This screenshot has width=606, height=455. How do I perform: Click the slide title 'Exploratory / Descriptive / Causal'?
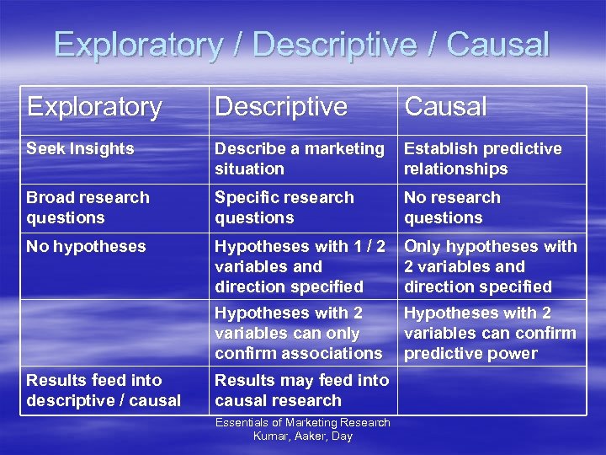[301, 44]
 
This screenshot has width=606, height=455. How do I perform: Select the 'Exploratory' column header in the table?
[93, 107]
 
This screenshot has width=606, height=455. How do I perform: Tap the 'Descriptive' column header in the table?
[280, 107]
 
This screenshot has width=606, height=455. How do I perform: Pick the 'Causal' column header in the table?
[445, 107]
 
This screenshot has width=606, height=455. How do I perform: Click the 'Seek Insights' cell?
[80, 148]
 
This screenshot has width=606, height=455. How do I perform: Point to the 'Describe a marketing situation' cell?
[299, 158]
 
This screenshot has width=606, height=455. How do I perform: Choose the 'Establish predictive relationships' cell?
[482, 158]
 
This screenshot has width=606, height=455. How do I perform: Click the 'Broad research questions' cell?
[88, 207]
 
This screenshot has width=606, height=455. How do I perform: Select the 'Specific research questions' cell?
[284, 207]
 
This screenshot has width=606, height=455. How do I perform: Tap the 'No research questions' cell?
[452, 207]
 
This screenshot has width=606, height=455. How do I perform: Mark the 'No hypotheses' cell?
[86, 247]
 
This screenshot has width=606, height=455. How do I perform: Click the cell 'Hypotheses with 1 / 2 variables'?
[300, 266]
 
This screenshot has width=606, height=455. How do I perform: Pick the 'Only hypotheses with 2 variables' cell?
[490, 266]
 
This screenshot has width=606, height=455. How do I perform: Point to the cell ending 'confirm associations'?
[298, 333]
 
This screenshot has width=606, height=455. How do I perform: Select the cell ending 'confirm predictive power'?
[490, 333]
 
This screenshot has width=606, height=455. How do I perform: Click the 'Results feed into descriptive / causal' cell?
[104, 390]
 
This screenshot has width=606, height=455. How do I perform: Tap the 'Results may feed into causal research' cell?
[301, 390]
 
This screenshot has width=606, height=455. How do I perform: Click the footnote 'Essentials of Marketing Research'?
[302, 422]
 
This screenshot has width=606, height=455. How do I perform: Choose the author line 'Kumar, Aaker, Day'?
[302, 436]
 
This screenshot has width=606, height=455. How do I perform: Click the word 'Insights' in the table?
[103, 148]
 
